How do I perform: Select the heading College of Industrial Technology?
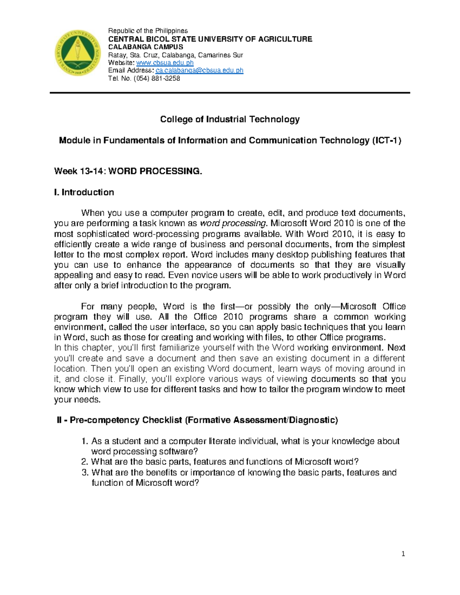[230, 119]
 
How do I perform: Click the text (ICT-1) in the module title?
[386, 140]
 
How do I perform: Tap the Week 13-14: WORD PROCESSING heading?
[128, 171]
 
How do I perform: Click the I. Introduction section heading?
[84, 192]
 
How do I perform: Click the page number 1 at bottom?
[403, 554]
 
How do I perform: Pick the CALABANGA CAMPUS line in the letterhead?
[146, 47]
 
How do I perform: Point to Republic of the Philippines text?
[148, 31]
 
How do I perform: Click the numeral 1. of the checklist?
[85, 441]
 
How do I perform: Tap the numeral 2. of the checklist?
[85, 462]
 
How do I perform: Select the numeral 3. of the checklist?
[85, 472]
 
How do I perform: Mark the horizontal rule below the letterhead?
[230, 93]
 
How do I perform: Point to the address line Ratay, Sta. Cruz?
[176, 55]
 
